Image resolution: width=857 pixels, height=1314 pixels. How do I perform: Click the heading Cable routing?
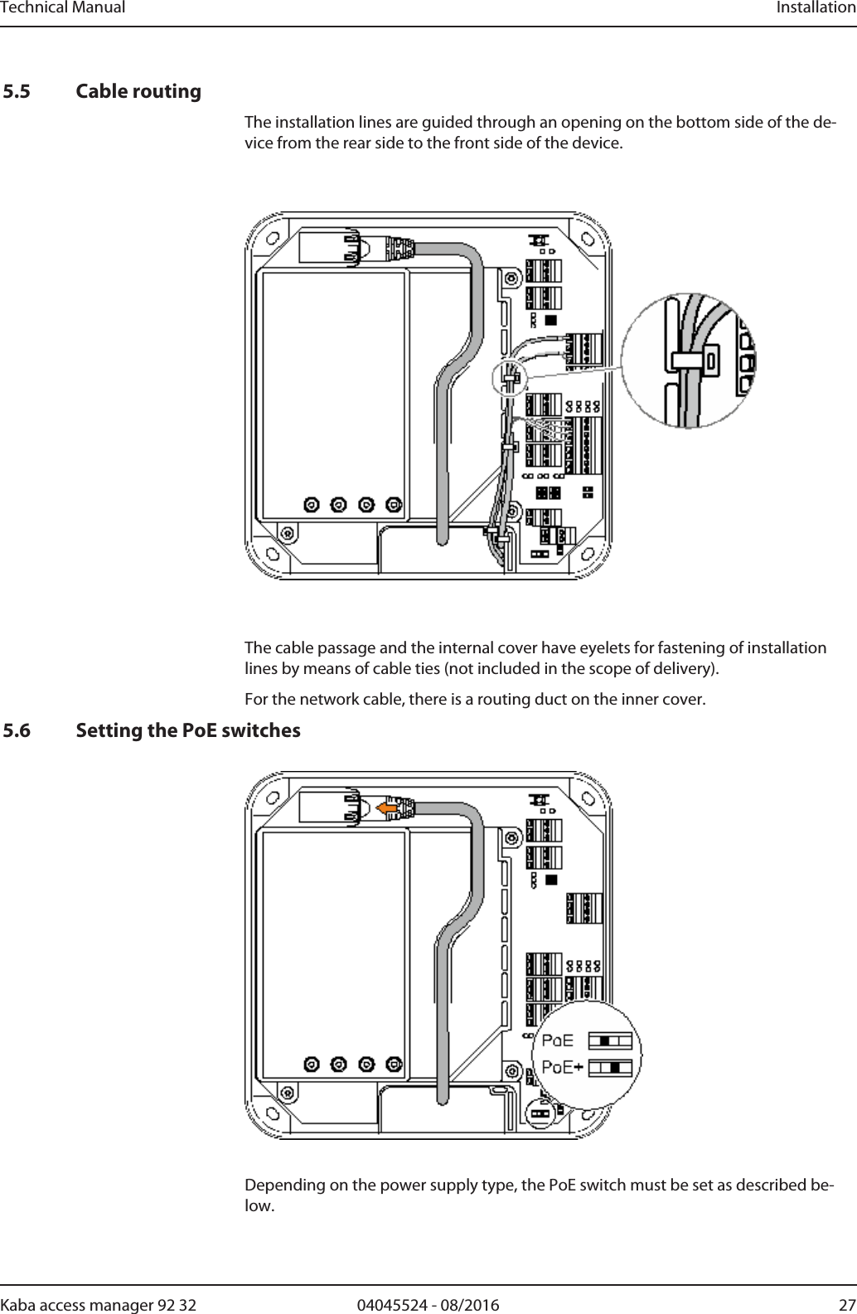[138, 91]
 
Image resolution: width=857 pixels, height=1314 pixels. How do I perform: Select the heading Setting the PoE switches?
[187, 731]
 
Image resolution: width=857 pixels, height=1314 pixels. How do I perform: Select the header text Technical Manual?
[63, 8]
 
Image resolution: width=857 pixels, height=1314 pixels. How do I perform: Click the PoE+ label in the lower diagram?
[561, 1067]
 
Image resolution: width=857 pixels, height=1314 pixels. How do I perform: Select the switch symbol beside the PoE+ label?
[610, 1067]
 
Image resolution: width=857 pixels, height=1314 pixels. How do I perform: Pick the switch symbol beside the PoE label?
[610, 1040]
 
